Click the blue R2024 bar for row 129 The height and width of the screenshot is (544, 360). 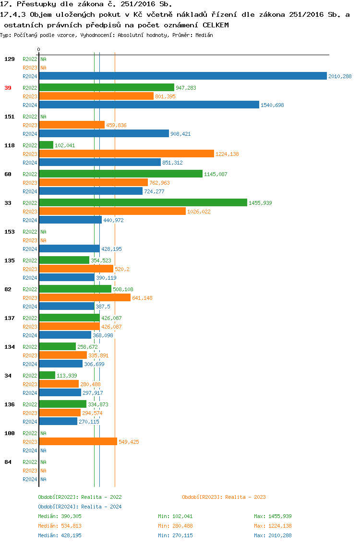coord(182,76)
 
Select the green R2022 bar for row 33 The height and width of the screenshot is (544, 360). coord(143,202)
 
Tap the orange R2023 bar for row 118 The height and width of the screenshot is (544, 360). coord(126,154)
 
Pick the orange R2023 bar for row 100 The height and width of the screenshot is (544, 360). coord(78,441)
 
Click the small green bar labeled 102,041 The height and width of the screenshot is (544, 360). coord(46,145)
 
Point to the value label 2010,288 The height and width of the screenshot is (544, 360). coord(340,76)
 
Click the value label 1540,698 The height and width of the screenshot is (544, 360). coord(272,105)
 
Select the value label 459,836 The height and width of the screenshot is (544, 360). coord(116,125)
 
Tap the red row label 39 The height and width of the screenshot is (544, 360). coord(8,88)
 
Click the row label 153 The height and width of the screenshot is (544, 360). coord(9,232)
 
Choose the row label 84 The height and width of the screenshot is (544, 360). coord(8,462)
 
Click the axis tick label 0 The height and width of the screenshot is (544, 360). coord(38,49)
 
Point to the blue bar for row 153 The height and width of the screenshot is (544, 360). coord(69,248)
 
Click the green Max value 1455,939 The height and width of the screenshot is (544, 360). coord(273,516)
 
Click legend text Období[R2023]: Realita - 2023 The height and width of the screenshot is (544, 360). coord(224,497)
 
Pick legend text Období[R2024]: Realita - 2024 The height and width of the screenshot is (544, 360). coord(80,507)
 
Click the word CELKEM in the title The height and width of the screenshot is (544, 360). coord(216,24)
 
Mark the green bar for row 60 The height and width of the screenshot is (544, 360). coord(120,174)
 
